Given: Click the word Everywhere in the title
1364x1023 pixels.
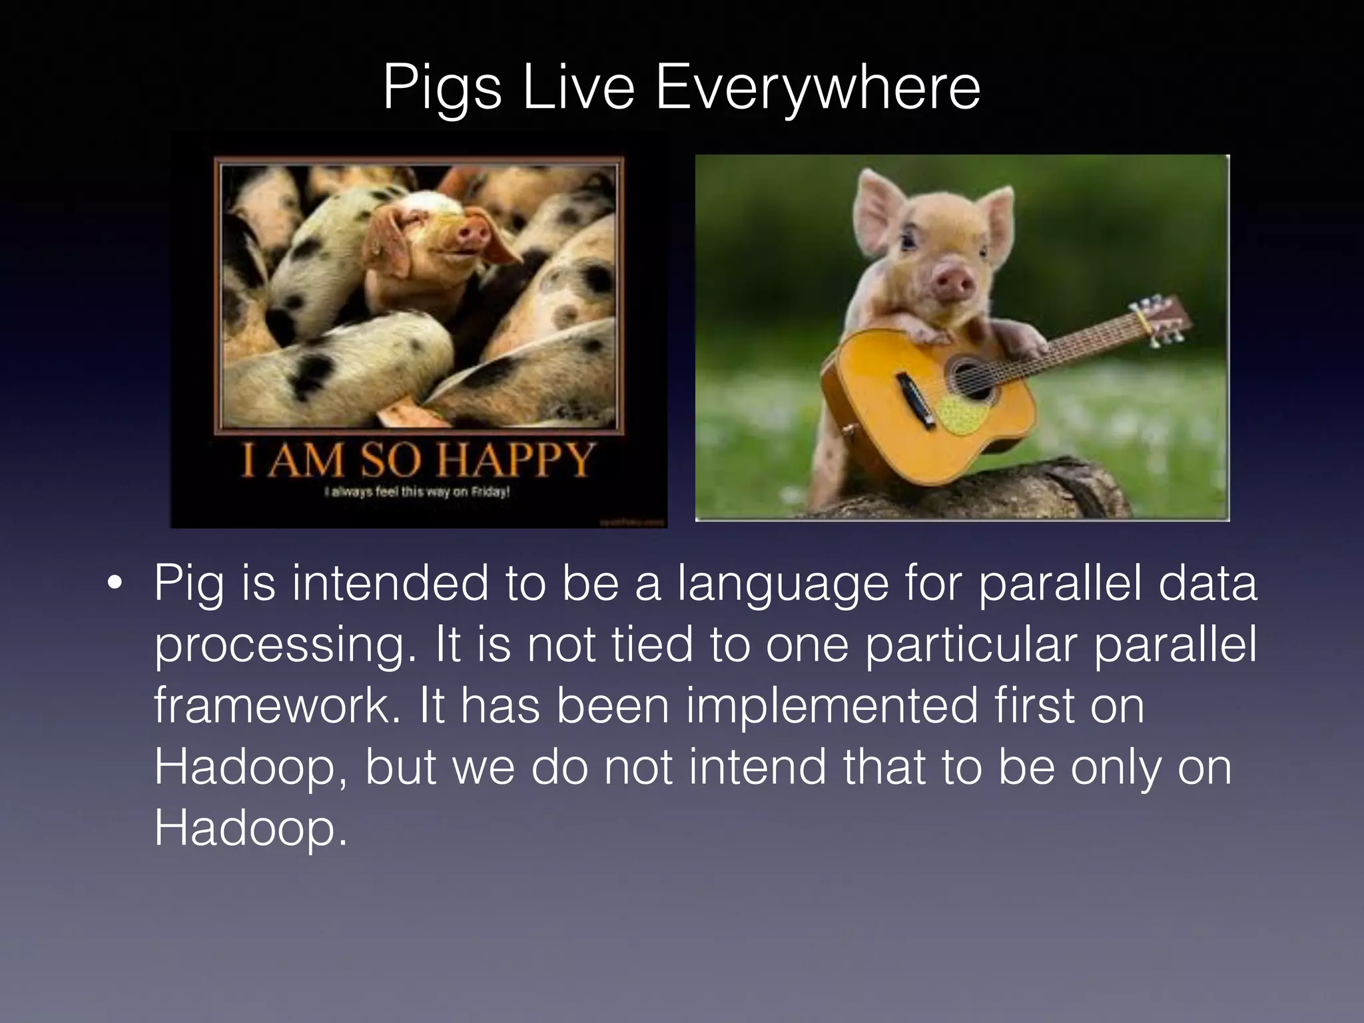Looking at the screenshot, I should pos(817,88).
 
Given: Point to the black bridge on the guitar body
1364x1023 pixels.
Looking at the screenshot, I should pos(913,394).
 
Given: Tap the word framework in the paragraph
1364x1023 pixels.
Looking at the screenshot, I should pos(279,706).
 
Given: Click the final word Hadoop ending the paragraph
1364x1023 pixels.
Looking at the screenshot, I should pos(250,829).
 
